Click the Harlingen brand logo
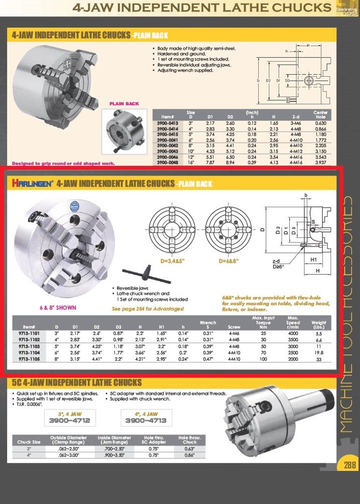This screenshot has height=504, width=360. tap(33, 184)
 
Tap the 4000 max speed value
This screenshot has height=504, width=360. tap(293, 333)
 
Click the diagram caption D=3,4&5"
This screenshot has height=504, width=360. tap(171, 261)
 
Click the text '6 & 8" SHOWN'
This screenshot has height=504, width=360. tap(58, 307)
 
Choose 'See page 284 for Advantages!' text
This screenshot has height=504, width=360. tap(148, 309)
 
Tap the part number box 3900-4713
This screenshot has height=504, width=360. tap(145, 421)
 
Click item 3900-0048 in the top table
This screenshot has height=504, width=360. tap(168, 163)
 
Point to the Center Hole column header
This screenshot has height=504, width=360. tap(320, 115)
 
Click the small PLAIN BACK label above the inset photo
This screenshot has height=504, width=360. tap(124, 104)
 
